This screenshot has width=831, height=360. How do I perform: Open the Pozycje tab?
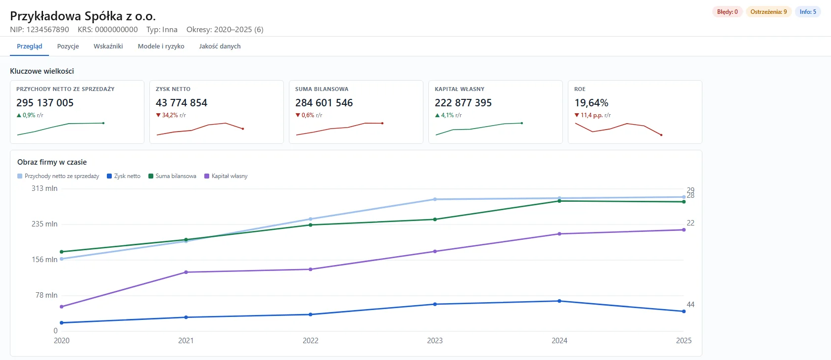pyautogui.click(x=68, y=46)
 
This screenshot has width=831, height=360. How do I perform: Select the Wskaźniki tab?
pyautogui.click(x=108, y=46)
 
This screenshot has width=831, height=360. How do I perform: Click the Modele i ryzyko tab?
pyautogui.click(x=161, y=46)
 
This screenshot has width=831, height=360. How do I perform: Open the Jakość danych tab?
pyautogui.click(x=220, y=46)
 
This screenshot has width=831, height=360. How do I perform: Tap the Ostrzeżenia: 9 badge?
pyautogui.click(x=769, y=12)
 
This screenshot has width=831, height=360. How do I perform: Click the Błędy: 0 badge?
pyautogui.click(x=728, y=12)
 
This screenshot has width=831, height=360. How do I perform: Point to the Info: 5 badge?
pyautogui.click(x=808, y=12)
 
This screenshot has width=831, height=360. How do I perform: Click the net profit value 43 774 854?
pyautogui.click(x=182, y=103)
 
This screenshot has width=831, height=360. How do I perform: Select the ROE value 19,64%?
pyautogui.click(x=592, y=103)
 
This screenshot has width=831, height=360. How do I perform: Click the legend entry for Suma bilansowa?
pyautogui.click(x=172, y=176)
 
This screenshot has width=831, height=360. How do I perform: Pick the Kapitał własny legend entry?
pyautogui.click(x=226, y=176)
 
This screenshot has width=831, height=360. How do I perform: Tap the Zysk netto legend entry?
pyautogui.click(x=124, y=176)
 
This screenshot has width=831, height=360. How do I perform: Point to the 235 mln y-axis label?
pyautogui.click(x=45, y=224)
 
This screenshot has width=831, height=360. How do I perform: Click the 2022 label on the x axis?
pyautogui.click(x=311, y=340)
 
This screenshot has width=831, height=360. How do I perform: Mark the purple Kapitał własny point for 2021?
pyautogui.click(x=186, y=272)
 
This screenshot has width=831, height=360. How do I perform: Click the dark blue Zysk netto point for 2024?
pyautogui.click(x=559, y=301)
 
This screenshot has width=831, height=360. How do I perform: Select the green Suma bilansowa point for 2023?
pyautogui.click(x=435, y=220)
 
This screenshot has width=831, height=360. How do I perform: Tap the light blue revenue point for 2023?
pyautogui.click(x=435, y=199)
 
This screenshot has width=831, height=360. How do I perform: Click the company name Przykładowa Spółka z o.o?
pyautogui.click(x=83, y=16)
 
